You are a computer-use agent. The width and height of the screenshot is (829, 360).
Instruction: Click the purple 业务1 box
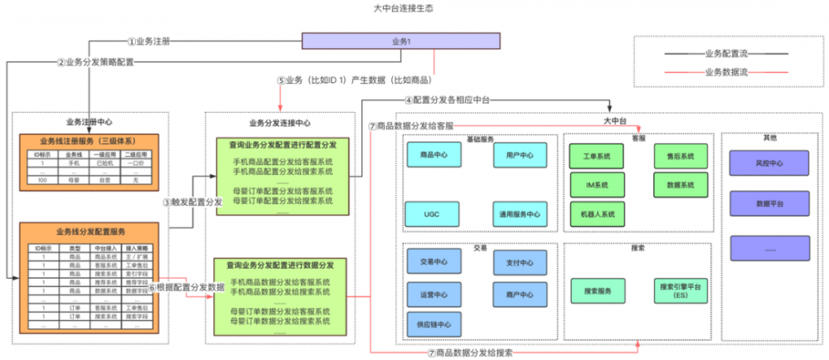click(x=400, y=41)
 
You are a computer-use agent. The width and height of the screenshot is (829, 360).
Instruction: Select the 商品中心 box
click(x=434, y=154)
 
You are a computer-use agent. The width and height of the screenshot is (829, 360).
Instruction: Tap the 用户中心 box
click(x=520, y=154)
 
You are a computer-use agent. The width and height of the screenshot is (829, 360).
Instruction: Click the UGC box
click(x=434, y=213)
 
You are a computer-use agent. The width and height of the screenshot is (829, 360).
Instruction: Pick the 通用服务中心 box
click(x=520, y=214)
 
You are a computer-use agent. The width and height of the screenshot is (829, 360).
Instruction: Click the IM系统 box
click(x=595, y=184)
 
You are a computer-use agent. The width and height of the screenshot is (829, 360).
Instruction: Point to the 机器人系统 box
click(x=595, y=213)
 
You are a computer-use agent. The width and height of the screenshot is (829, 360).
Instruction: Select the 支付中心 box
click(x=520, y=262)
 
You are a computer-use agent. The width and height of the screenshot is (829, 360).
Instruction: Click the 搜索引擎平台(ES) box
click(x=680, y=290)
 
